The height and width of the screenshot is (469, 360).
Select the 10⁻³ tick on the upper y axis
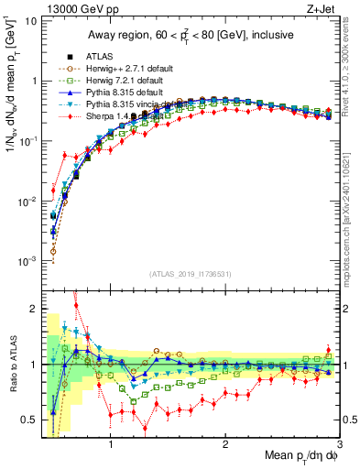[x=26, y=261]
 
